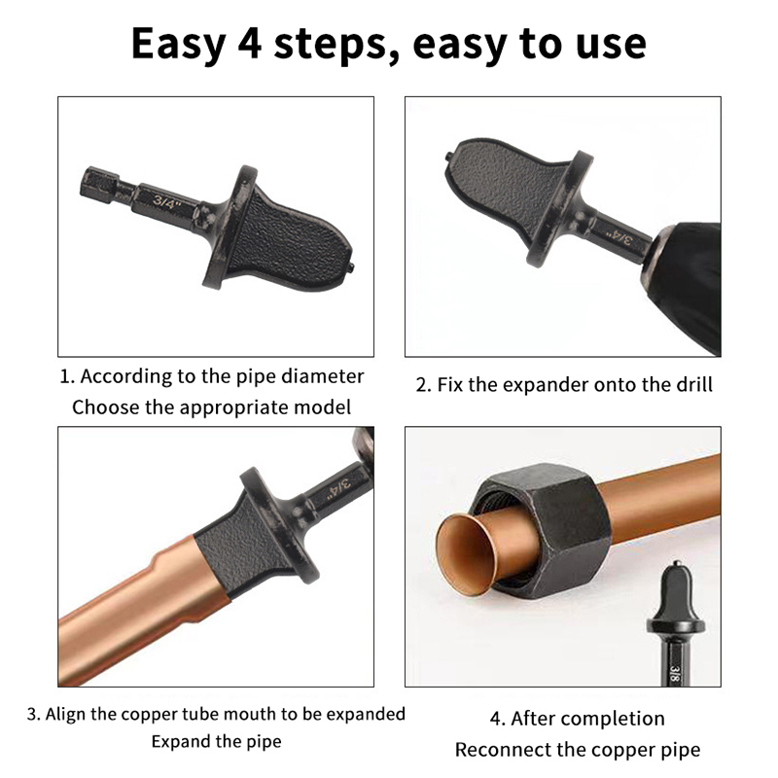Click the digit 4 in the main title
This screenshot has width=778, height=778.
pyautogui.click(x=249, y=44)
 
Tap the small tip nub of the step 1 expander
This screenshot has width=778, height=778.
pyautogui.click(x=351, y=267)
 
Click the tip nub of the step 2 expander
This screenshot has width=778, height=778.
pyautogui.click(x=448, y=157)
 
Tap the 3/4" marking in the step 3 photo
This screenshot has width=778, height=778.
pyautogui.click(x=339, y=488)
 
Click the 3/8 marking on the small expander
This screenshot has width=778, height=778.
pyautogui.click(x=674, y=674)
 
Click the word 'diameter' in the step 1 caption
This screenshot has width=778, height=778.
pyautogui.click(x=322, y=376)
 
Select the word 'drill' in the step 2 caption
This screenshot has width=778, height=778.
pyautogui.click(x=694, y=384)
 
